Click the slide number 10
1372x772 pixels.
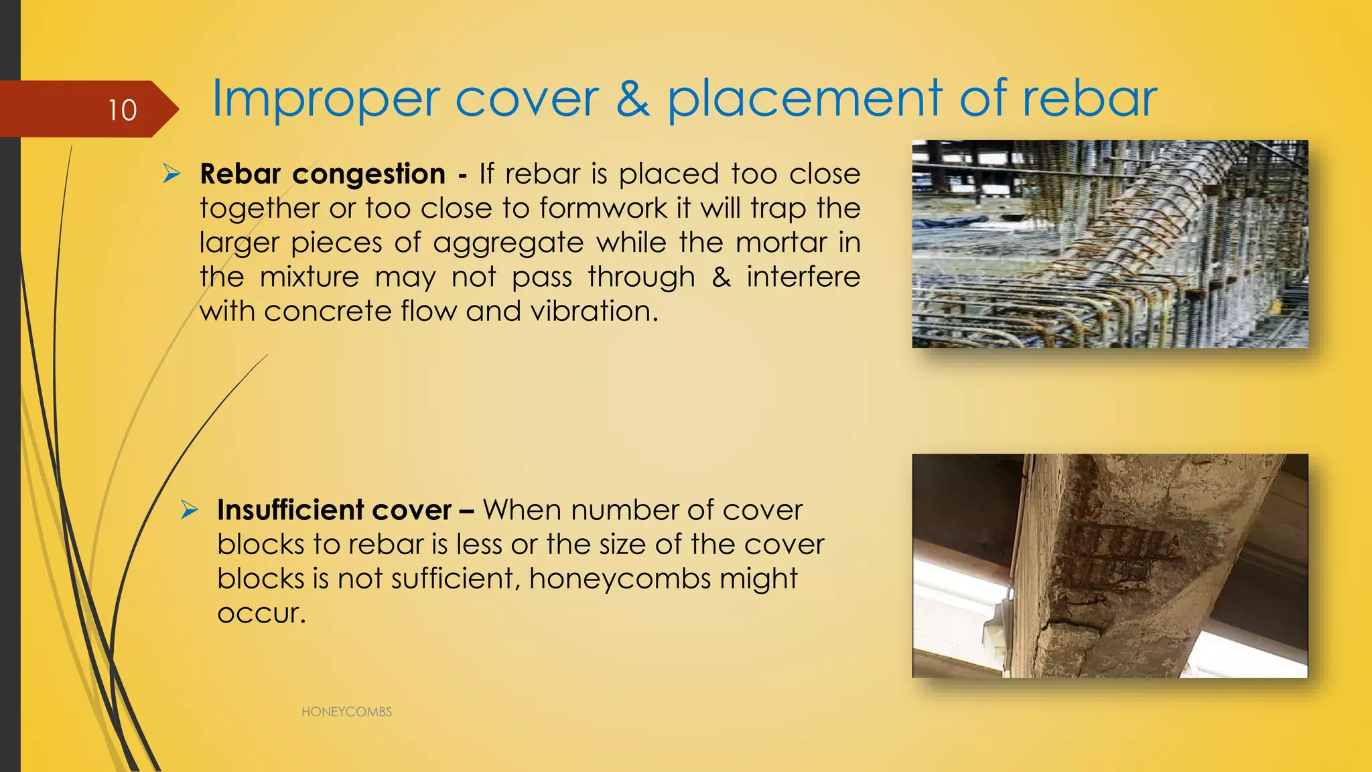click(x=123, y=110)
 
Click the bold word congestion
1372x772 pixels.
click(x=368, y=174)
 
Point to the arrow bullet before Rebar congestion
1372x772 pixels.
click(x=172, y=174)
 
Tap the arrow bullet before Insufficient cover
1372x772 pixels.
click(x=190, y=510)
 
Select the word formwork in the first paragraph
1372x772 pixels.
click(x=603, y=208)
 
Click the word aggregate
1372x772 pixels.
click(x=508, y=243)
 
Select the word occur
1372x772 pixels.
click(x=261, y=614)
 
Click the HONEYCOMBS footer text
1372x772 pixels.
click(x=346, y=712)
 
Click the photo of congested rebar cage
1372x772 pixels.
click(x=1109, y=244)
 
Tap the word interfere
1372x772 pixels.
click(x=803, y=277)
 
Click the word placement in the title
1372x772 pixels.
click(x=805, y=99)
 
